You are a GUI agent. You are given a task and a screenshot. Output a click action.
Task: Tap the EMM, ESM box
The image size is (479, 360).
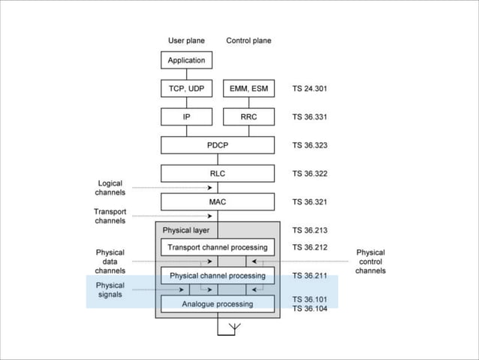[x=249, y=89]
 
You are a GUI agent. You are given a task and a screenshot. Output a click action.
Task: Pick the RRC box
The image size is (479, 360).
[x=249, y=117]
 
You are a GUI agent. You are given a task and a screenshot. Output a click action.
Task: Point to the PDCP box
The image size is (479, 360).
[x=218, y=145]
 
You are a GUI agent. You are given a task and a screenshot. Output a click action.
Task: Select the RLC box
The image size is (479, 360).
[x=218, y=174]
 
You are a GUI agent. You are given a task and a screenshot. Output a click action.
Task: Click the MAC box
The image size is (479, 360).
[x=218, y=202]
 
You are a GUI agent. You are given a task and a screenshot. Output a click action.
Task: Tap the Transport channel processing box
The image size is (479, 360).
[x=218, y=247]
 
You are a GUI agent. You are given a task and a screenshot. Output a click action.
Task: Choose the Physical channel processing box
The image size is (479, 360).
[x=218, y=276]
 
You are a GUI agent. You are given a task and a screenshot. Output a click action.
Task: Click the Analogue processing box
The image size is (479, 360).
[x=218, y=304]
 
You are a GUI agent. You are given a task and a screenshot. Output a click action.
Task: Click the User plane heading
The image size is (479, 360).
[x=185, y=40]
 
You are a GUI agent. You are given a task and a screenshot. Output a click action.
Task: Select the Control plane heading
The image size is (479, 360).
[x=249, y=40]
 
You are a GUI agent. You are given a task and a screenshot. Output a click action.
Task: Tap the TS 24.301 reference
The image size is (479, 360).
[x=309, y=89]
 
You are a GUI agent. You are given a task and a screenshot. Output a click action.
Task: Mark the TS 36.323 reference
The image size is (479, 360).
[x=309, y=145]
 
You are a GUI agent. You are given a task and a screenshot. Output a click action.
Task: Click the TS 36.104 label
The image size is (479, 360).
[x=309, y=309]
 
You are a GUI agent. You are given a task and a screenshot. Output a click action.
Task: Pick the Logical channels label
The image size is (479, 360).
[x=110, y=188]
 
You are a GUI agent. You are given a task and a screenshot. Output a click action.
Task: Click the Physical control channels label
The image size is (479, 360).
[x=370, y=262]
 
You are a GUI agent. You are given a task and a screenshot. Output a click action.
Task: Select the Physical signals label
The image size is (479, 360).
[x=110, y=290]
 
